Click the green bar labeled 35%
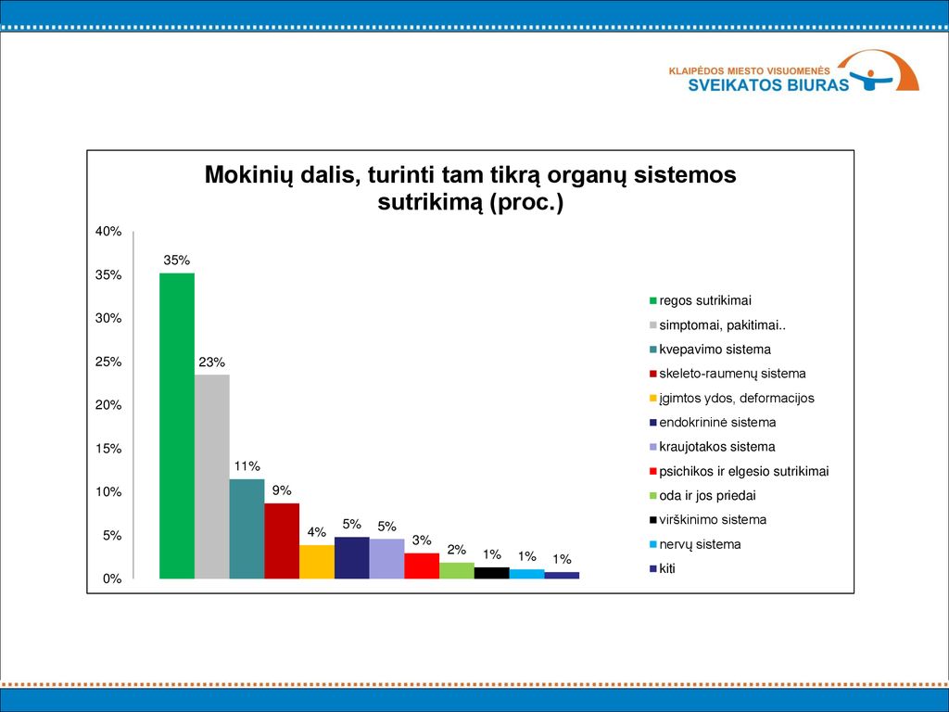[177, 426]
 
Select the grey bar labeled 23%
[212, 477]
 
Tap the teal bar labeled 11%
[247, 528]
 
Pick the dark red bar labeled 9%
[282, 540]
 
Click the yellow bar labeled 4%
[317, 562]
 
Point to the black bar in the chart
[492, 573]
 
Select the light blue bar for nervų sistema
[527, 574]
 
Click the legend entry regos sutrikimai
[701, 301]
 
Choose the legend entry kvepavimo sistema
[710, 350]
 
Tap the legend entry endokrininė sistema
[713, 423]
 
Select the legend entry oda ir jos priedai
[702, 496]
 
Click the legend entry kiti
[662, 568]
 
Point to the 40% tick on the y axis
[108, 231]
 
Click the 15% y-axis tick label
[108, 449]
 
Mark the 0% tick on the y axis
[112, 578]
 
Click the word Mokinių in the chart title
[248, 175]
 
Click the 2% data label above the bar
[456, 550]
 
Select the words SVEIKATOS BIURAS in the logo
[768, 84]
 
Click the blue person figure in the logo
[871, 80]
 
